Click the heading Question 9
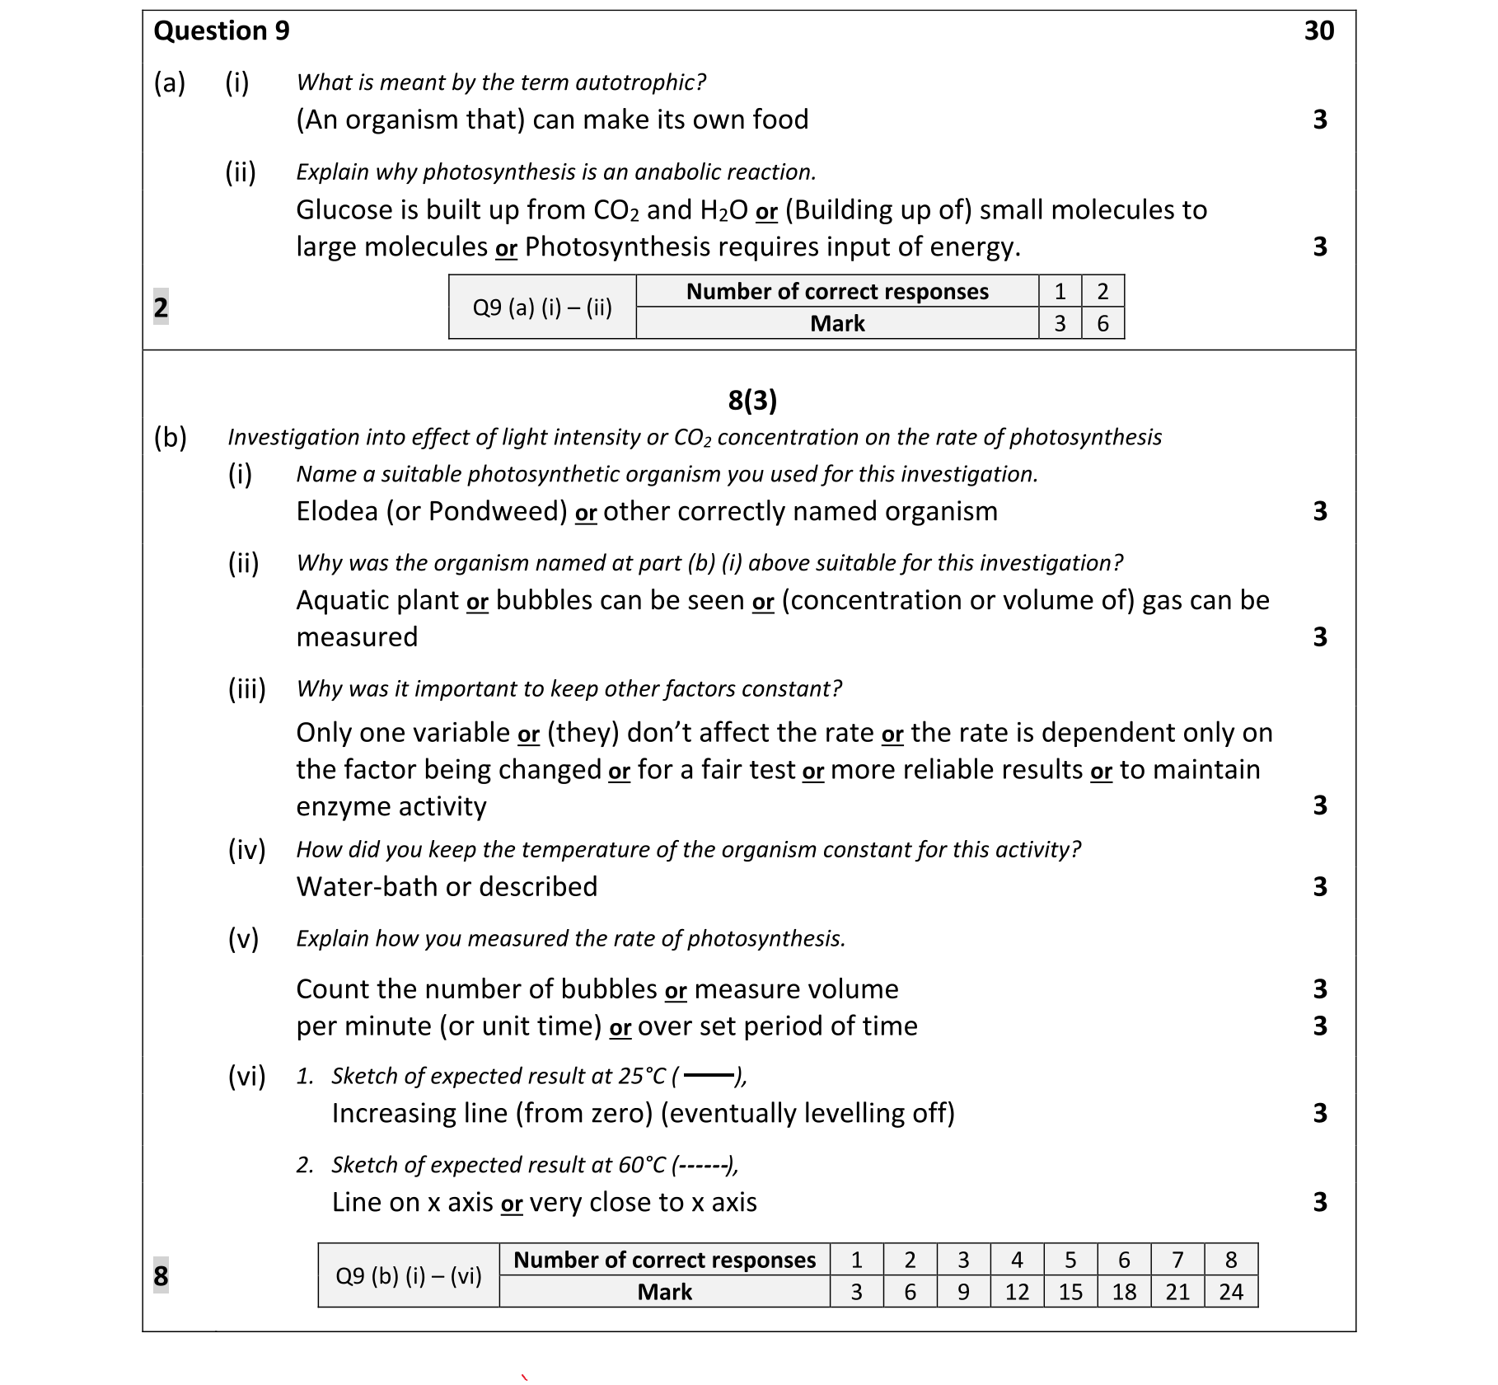click(222, 31)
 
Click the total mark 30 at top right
click(1318, 31)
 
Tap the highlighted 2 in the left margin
click(161, 307)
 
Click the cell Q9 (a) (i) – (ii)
click(541, 308)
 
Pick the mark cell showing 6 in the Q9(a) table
click(1102, 323)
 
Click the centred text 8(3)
click(751, 401)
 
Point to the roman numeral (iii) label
click(246, 688)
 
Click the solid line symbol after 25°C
click(708, 1076)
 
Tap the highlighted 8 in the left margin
click(161, 1275)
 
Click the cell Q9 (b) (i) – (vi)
click(408, 1276)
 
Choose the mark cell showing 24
click(1230, 1292)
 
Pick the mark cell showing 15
click(1070, 1292)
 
